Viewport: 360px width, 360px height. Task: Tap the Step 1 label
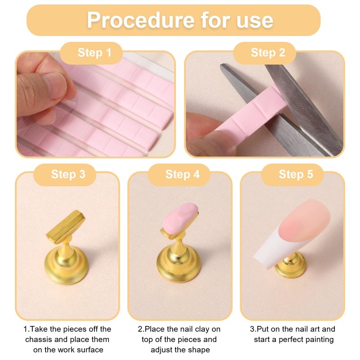[x=94, y=53]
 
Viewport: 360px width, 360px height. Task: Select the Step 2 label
[x=268, y=53]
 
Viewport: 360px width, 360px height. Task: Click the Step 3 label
[x=68, y=174]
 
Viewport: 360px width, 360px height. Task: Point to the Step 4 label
[x=183, y=174]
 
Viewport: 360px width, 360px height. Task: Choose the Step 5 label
[x=296, y=174]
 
